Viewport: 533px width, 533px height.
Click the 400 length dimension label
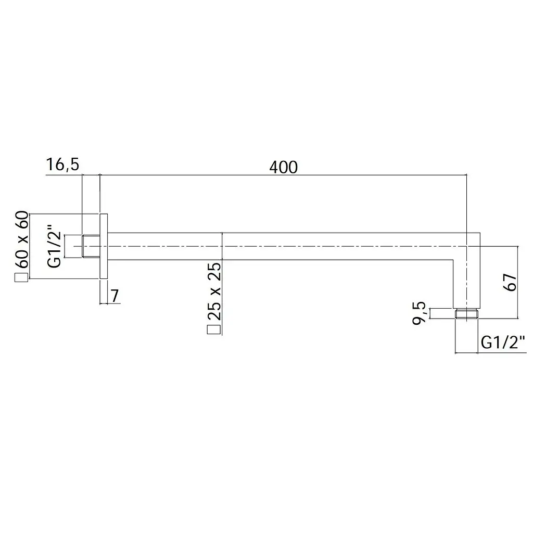click(283, 167)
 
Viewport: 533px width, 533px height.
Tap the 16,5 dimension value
click(62, 164)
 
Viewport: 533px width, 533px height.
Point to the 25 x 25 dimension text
click(214, 291)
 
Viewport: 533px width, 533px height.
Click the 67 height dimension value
click(510, 282)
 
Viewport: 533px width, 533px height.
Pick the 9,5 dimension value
click(419, 313)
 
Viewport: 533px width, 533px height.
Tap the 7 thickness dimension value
click(115, 296)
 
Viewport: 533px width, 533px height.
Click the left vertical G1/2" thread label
click(54, 246)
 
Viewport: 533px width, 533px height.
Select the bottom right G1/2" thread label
click(503, 342)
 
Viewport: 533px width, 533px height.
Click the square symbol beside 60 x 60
click(21, 277)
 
